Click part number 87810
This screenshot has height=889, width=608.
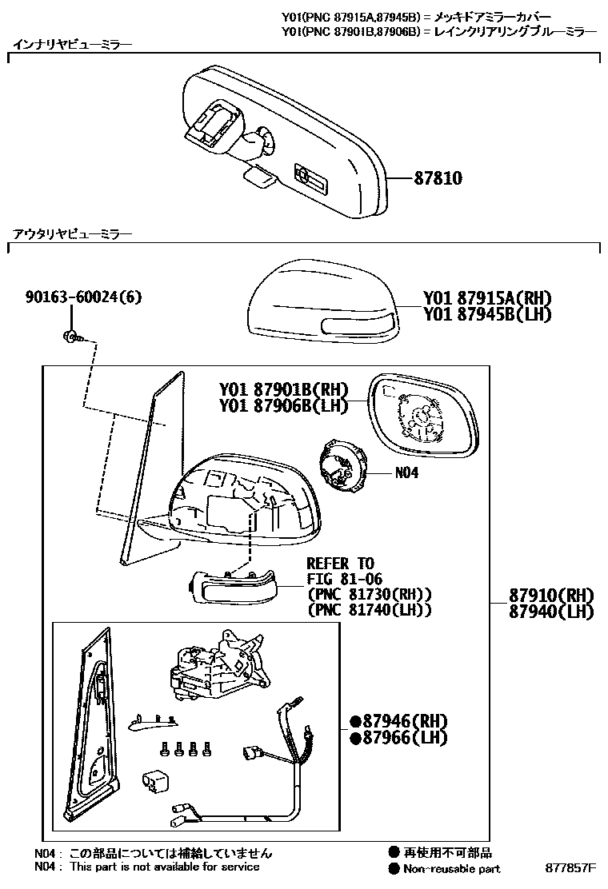(x=438, y=178)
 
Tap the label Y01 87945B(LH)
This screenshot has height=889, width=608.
(x=487, y=314)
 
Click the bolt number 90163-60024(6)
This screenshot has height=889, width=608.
(x=83, y=297)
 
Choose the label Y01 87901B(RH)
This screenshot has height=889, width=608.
(x=284, y=390)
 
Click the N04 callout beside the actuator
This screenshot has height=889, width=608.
(x=406, y=472)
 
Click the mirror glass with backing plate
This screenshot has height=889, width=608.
(x=423, y=417)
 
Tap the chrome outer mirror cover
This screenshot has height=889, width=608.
(x=320, y=302)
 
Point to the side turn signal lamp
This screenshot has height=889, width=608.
(x=232, y=590)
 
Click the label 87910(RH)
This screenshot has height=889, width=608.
(x=551, y=596)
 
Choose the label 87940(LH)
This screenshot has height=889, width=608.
(x=551, y=612)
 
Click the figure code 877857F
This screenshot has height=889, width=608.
(x=571, y=868)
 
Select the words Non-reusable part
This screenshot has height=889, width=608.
(x=452, y=869)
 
